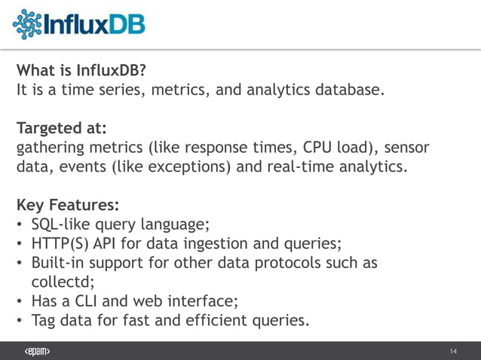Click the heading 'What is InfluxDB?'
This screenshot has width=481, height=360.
click(81, 72)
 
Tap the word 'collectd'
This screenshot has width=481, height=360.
click(60, 282)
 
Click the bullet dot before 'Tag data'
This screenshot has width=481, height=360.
click(20, 322)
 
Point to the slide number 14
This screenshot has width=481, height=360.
click(453, 352)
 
